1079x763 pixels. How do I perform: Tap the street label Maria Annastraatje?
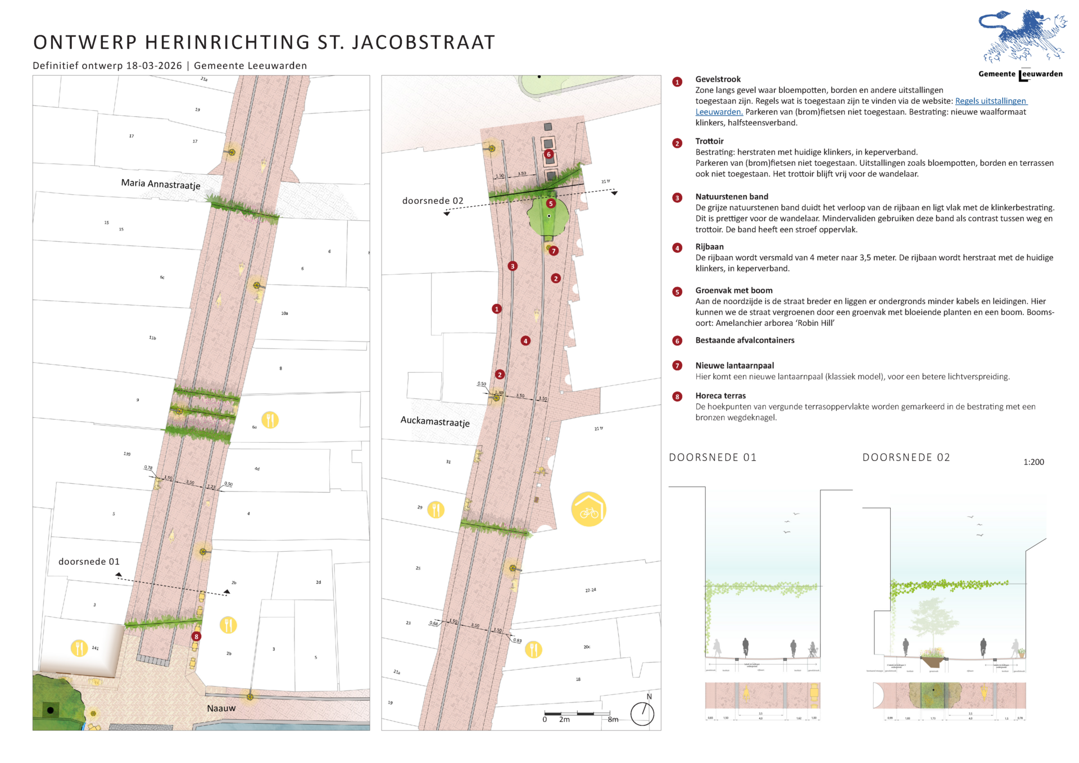pos(160,184)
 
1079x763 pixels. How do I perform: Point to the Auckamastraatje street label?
pos(434,421)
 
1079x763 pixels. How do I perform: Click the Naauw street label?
pos(221,708)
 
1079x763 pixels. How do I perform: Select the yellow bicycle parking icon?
pos(588,510)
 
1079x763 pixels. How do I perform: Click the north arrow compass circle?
pos(642,714)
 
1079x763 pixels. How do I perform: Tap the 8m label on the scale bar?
pos(613,720)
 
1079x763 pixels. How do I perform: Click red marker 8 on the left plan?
pos(196,637)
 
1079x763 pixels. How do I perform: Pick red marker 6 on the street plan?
pos(548,155)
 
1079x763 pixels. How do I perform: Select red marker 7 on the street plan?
pos(554,251)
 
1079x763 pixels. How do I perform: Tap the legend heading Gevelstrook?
pos(718,79)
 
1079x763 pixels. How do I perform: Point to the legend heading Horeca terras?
pos(720,396)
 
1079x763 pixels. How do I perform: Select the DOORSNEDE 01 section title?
pos(712,458)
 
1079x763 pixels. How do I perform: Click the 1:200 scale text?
pos(1033,462)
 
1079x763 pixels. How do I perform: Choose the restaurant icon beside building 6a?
pos(270,420)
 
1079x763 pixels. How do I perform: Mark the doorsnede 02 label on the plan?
pos(433,201)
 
